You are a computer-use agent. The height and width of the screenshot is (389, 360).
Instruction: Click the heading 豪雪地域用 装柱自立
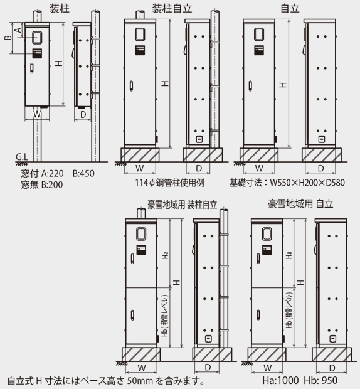tap(182, 204)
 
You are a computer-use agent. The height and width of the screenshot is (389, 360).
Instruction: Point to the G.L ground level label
tap(21, 156)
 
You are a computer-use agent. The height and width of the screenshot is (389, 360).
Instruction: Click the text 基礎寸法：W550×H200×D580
tap(287, 183)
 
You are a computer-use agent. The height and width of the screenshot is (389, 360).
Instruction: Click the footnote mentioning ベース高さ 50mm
tap(107, 381)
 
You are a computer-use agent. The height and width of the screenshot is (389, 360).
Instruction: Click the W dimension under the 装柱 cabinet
tap(36, 115)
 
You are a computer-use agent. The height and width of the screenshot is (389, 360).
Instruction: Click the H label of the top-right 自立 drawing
tap(283, 83)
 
